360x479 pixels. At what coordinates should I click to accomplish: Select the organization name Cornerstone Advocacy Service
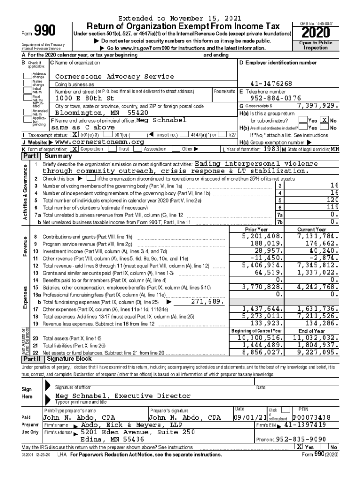115,76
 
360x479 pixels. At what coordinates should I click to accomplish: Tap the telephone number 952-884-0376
276,98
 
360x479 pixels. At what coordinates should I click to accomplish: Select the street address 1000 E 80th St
85,99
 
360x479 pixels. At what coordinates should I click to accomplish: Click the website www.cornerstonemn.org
99,142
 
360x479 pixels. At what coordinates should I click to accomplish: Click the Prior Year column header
257,230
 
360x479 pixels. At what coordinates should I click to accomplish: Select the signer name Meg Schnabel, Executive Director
116,395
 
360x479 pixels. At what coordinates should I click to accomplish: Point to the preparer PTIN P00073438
311,417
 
